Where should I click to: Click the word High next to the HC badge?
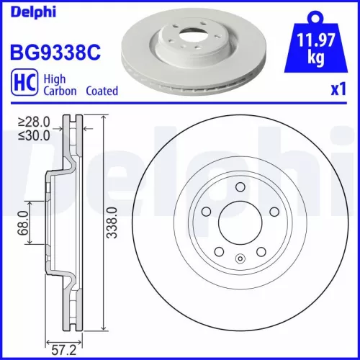click(x=55, y=80)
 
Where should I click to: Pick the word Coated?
click(x=102, y=91)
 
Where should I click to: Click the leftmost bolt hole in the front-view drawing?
click(x=206, y=212)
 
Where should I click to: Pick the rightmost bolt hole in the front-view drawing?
click(x=273, y=212)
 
